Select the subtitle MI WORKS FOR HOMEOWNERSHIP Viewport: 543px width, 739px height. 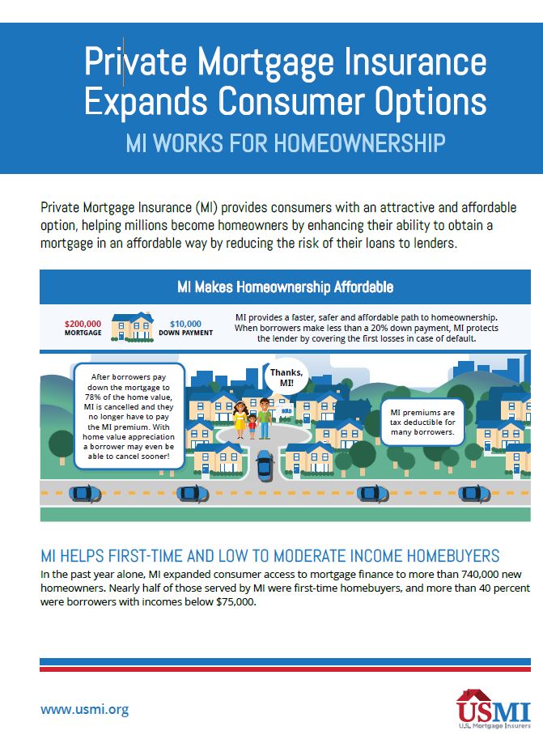click(286, 142)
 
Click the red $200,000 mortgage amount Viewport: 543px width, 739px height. click(83, 324)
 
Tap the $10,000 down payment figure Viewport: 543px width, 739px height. click(185, 324)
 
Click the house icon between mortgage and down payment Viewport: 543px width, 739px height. click(133, 327)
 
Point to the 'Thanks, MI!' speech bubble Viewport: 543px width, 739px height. click(286, 377)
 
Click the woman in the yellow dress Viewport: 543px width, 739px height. click(240, 419)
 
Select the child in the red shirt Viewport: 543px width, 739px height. click(252, 427)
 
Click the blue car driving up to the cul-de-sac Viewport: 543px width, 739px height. click(265, 465)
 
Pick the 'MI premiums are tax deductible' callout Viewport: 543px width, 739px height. click(422, 423)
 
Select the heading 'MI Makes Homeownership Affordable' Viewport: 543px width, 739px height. click(285, 287)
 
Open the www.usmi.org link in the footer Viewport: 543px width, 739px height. click(84, 709)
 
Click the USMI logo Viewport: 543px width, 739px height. click(493, 709)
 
